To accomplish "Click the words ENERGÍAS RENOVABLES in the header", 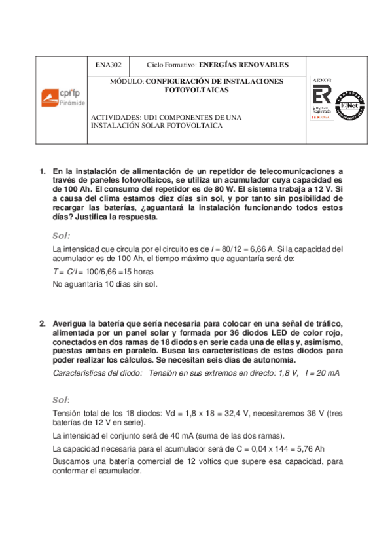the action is tap(243, 64).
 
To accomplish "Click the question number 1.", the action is tap(42, 171).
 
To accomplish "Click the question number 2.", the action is tap(42, 323).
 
